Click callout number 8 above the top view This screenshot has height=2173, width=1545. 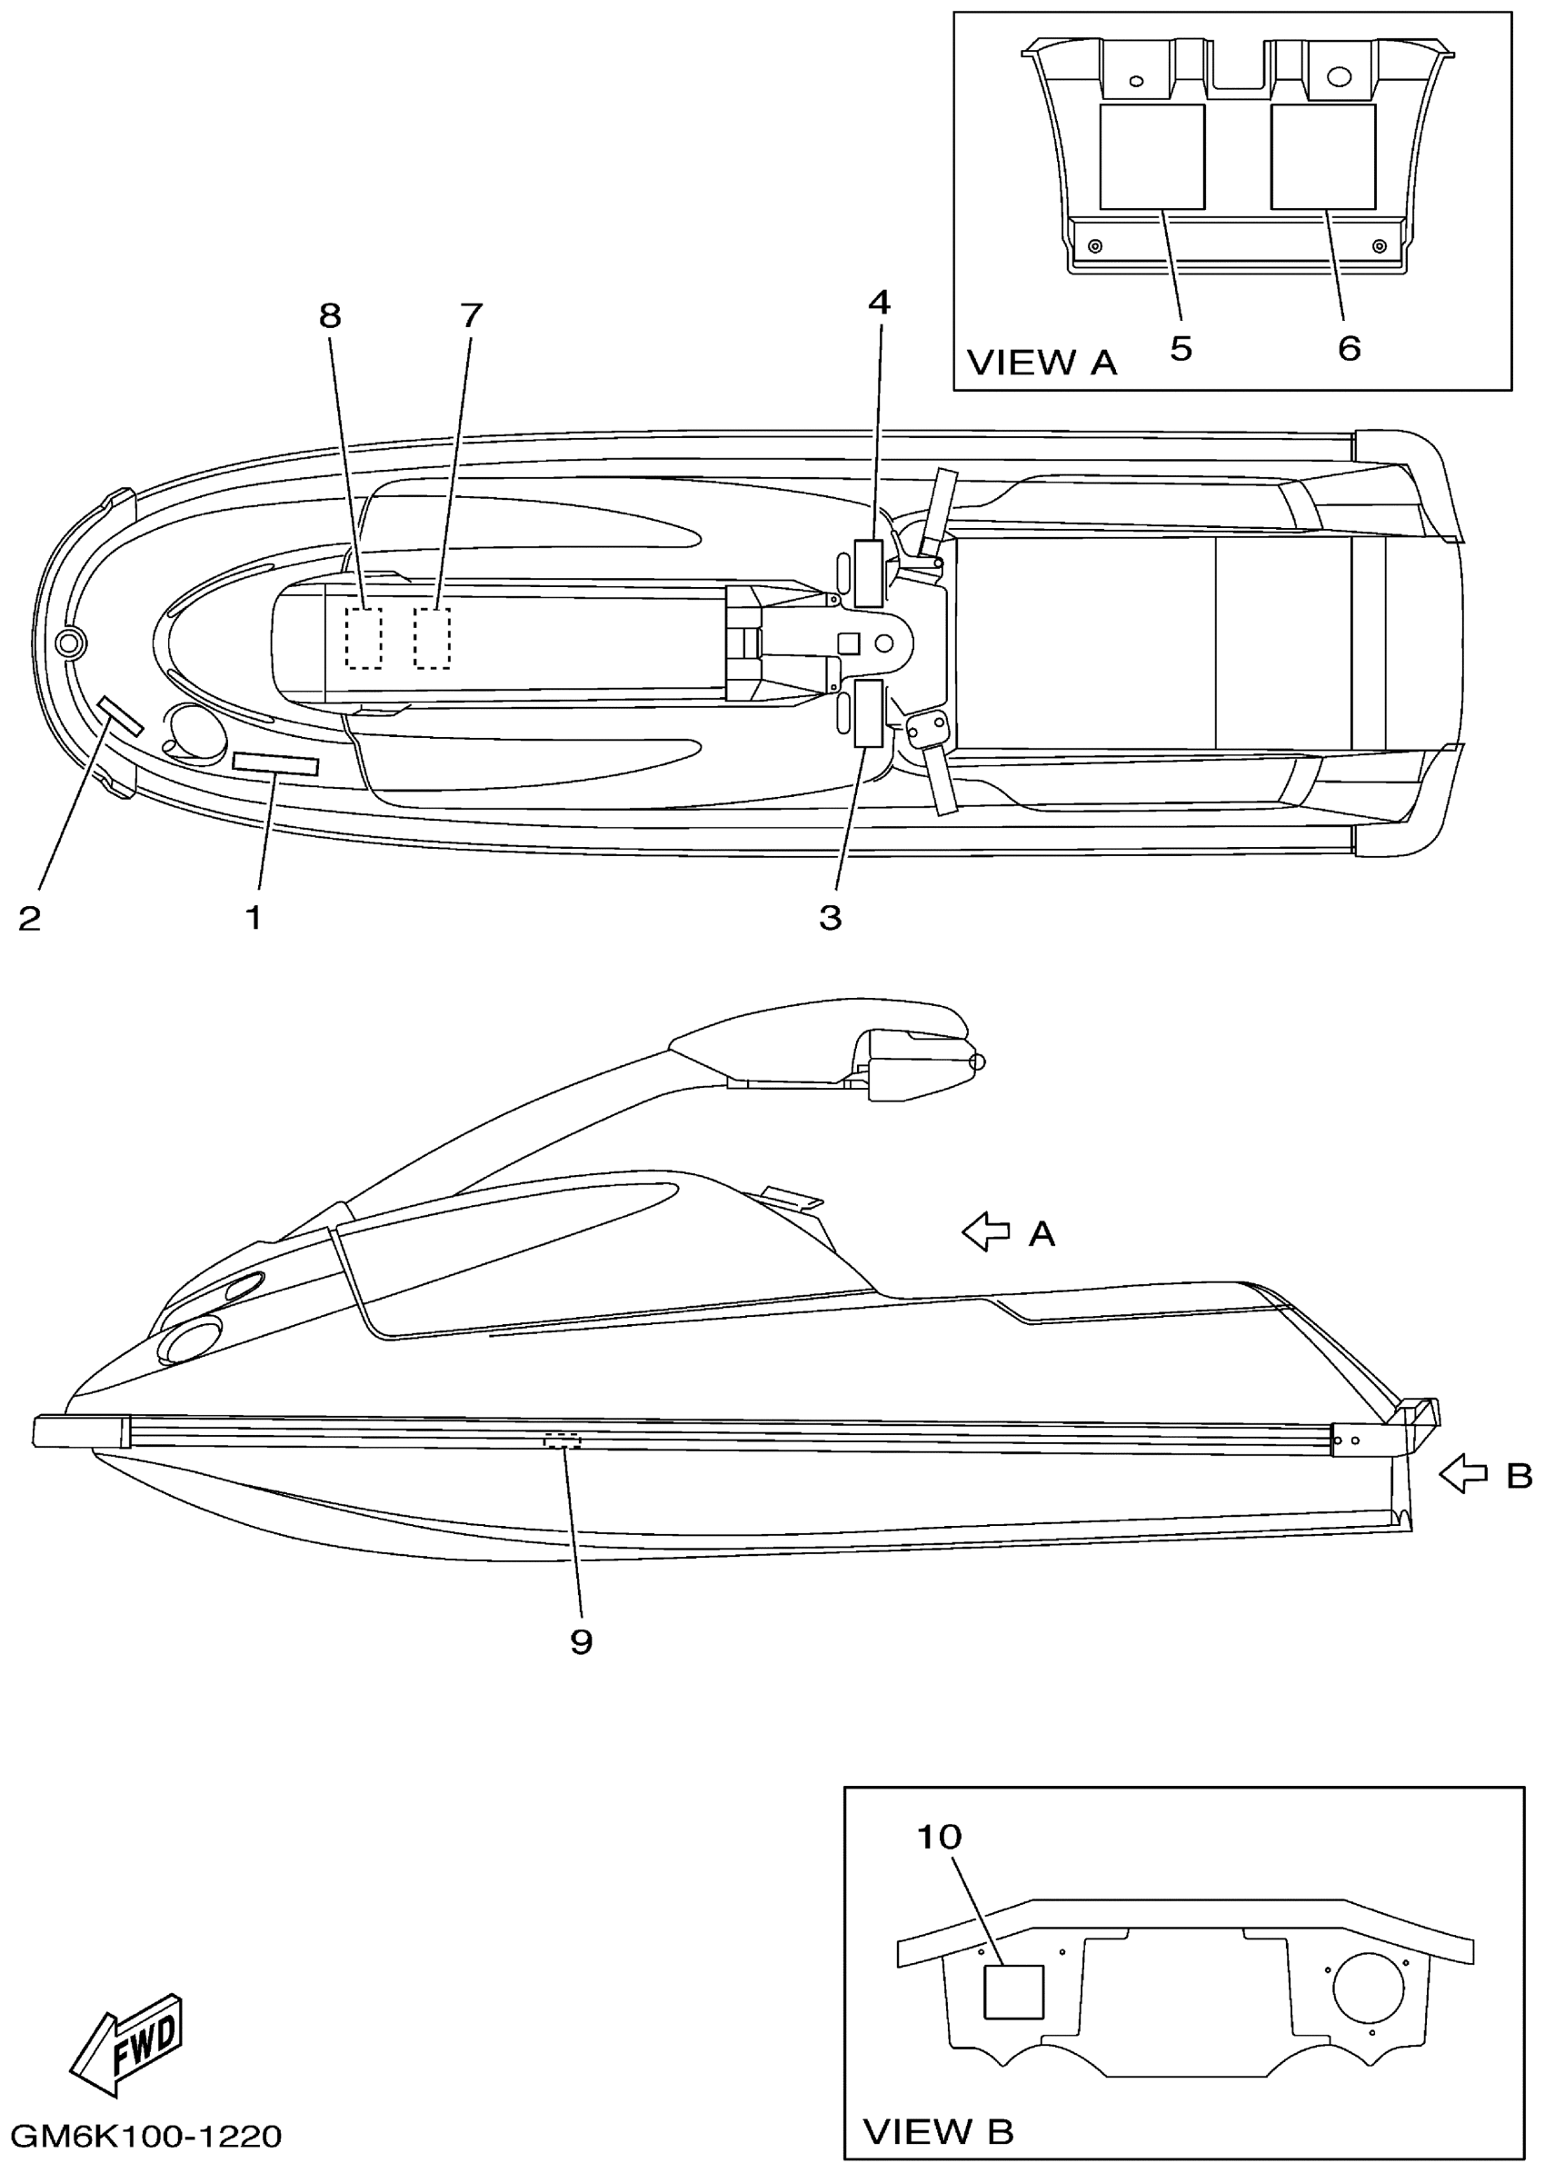[330, 315]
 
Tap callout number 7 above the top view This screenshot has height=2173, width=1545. [471, 315]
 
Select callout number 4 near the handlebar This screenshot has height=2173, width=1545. [879, 303]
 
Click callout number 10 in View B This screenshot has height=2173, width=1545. [939, 1837]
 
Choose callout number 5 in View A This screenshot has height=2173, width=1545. [1181, 349]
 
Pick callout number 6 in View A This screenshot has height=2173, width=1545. [1349, 349]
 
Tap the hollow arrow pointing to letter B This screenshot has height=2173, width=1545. [1464, 1475]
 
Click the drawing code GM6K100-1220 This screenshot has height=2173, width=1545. [146, 2136]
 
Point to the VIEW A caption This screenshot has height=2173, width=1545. [1042, 363]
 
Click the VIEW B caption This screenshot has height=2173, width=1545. [938, 2131]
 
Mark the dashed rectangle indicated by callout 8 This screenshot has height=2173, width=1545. [364, 637]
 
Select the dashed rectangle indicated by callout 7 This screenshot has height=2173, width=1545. [432, 637]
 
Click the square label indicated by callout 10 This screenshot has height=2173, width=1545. [1013, 1992]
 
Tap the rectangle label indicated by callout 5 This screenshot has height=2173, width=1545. [1152, 157]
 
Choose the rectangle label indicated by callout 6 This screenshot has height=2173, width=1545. [1322, 157]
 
